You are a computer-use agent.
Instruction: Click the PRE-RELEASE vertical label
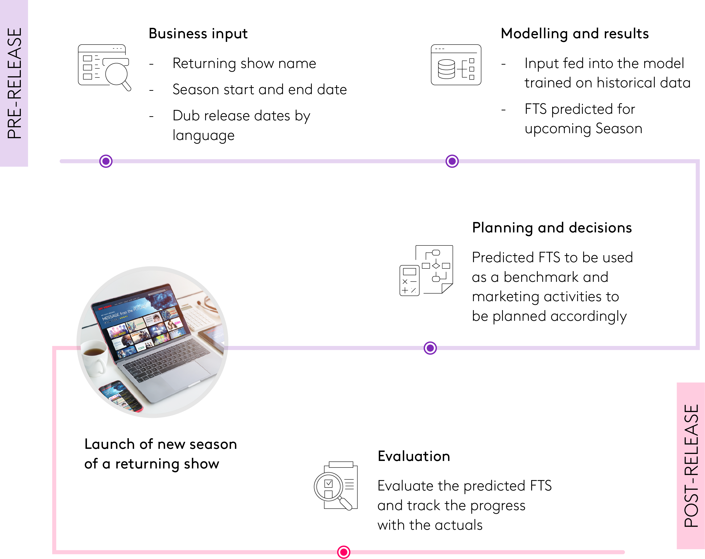coord(14,83)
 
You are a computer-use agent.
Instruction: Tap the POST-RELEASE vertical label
coord(691,466)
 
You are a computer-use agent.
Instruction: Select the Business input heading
coord(198,34)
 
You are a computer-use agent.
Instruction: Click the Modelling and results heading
coord(574,34)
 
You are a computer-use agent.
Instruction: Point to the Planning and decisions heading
coord(552,228)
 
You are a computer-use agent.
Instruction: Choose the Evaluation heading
coord(414,456)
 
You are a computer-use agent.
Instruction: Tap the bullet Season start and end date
coord(259,90)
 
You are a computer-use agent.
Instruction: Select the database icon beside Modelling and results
coord(456,65)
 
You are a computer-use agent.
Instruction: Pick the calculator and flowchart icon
coord(426,270)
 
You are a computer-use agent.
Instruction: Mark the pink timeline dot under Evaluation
coord(343,552)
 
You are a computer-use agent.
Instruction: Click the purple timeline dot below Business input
coord(106,161)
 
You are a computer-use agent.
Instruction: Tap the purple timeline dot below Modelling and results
coord(452,161)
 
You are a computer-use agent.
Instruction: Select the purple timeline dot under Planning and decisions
coord(430,348)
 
